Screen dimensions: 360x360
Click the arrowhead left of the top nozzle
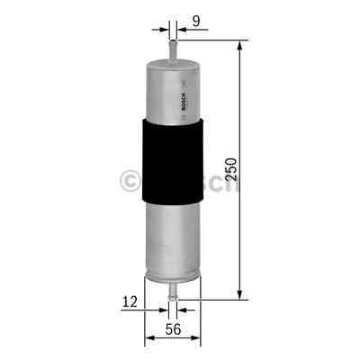[x=164, y=28]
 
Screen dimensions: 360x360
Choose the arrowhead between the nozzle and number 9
[x=182, y=28]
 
